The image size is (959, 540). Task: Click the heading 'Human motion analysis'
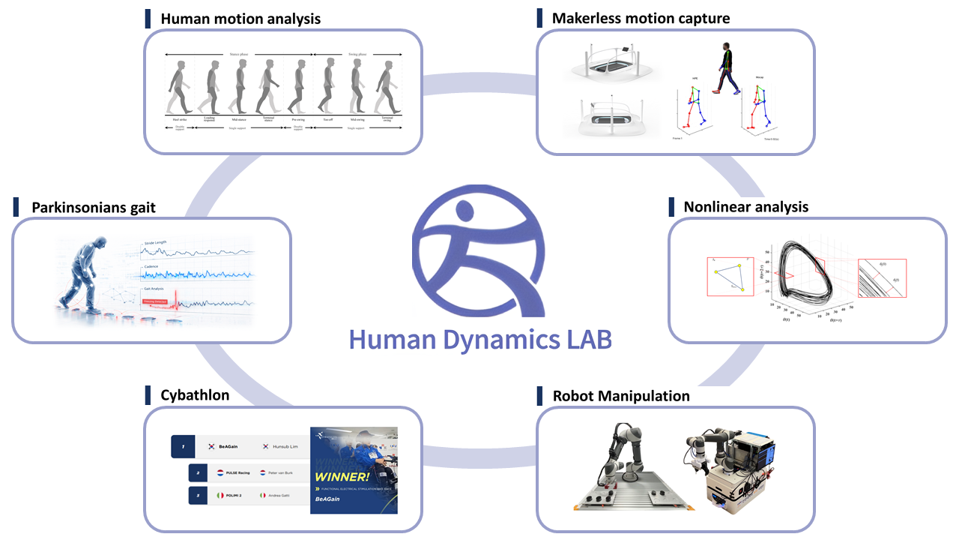point(240,19)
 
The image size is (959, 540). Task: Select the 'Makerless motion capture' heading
point(641,18)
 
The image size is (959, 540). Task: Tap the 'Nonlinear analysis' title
point(745,206)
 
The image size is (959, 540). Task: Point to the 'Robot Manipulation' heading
point(621,395)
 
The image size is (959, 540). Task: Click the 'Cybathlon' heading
point(195,395)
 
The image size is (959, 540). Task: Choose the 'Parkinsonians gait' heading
point(94,207)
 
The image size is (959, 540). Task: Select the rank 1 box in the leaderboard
point(183,446)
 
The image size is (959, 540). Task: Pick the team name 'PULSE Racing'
point(243,473)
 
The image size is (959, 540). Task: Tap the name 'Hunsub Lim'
point(285,446)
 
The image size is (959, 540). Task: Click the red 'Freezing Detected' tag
point(159,301)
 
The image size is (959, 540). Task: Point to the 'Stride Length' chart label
point(156,243)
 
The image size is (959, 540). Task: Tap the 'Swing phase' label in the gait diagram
point(356,55)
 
